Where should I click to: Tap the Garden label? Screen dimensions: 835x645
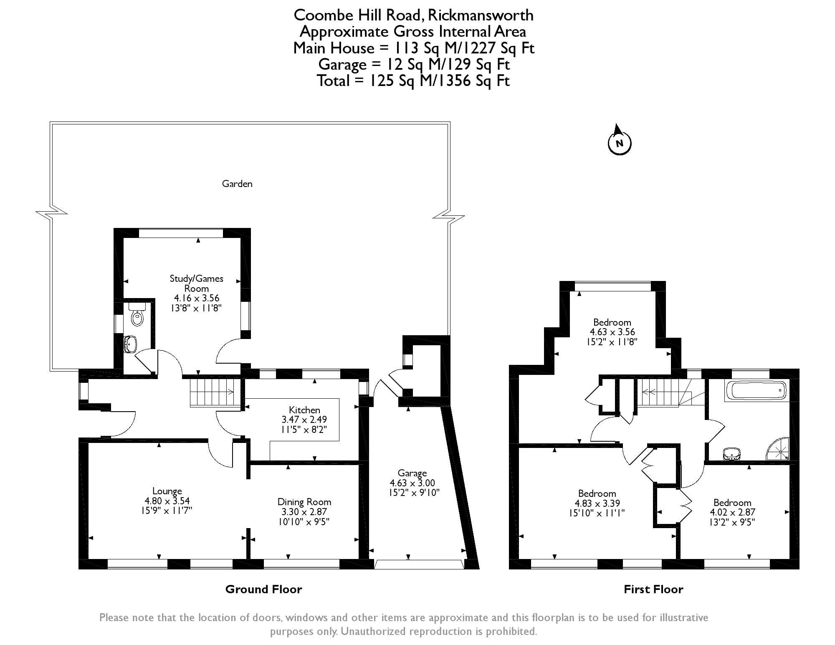click(x=237, y=184)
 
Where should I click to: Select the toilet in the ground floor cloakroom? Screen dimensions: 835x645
click(x=137, y=314)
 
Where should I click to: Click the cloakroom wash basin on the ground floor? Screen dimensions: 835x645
click(x=130, y=345)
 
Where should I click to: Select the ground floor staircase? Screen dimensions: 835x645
click(x=213, y=392)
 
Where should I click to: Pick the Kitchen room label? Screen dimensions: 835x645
click(x=304, y=410)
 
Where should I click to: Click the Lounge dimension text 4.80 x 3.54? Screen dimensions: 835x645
click(x=167, y=501)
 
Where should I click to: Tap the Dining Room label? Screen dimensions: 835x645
click(x=304, y=502)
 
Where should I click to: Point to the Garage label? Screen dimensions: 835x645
click(x=412, y=473)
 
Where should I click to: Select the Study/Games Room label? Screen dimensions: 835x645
click(x=196, y=283)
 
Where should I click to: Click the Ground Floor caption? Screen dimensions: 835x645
click(x=263, y=589)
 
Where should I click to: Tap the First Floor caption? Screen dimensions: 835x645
click(x=653, y=589)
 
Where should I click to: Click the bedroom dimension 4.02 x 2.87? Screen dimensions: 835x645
click(x=732, y=512)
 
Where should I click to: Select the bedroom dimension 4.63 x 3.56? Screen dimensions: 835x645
click(x=612, y=332)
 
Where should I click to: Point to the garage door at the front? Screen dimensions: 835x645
click(x=419, y=564)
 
